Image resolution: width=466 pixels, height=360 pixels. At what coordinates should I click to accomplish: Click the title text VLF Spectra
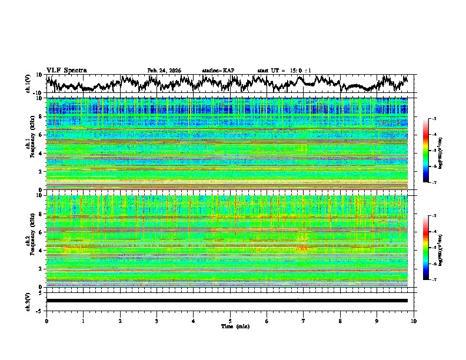point(66,71)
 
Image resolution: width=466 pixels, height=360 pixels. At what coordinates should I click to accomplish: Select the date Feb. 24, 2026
point(164,71)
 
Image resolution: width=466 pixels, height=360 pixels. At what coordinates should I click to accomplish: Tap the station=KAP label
point(218,71)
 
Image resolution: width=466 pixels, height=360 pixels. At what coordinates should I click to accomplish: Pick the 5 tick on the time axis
point(230,321)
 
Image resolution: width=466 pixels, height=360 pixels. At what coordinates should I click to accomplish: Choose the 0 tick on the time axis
point(46,321)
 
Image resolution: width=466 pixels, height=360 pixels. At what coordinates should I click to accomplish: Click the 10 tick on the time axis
point(414,321)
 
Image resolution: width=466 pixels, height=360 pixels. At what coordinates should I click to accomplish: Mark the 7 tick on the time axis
point(304,321)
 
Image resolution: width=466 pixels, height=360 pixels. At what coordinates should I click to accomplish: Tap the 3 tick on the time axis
point(157,321)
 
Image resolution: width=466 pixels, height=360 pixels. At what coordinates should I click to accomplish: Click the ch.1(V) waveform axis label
point(28,84)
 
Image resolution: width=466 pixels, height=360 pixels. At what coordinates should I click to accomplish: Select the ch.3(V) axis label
point(28,301)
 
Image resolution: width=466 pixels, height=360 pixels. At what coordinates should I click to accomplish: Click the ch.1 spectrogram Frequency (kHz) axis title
point(30,144)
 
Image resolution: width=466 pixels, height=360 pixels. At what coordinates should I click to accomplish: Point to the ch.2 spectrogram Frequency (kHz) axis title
point(30,241)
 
